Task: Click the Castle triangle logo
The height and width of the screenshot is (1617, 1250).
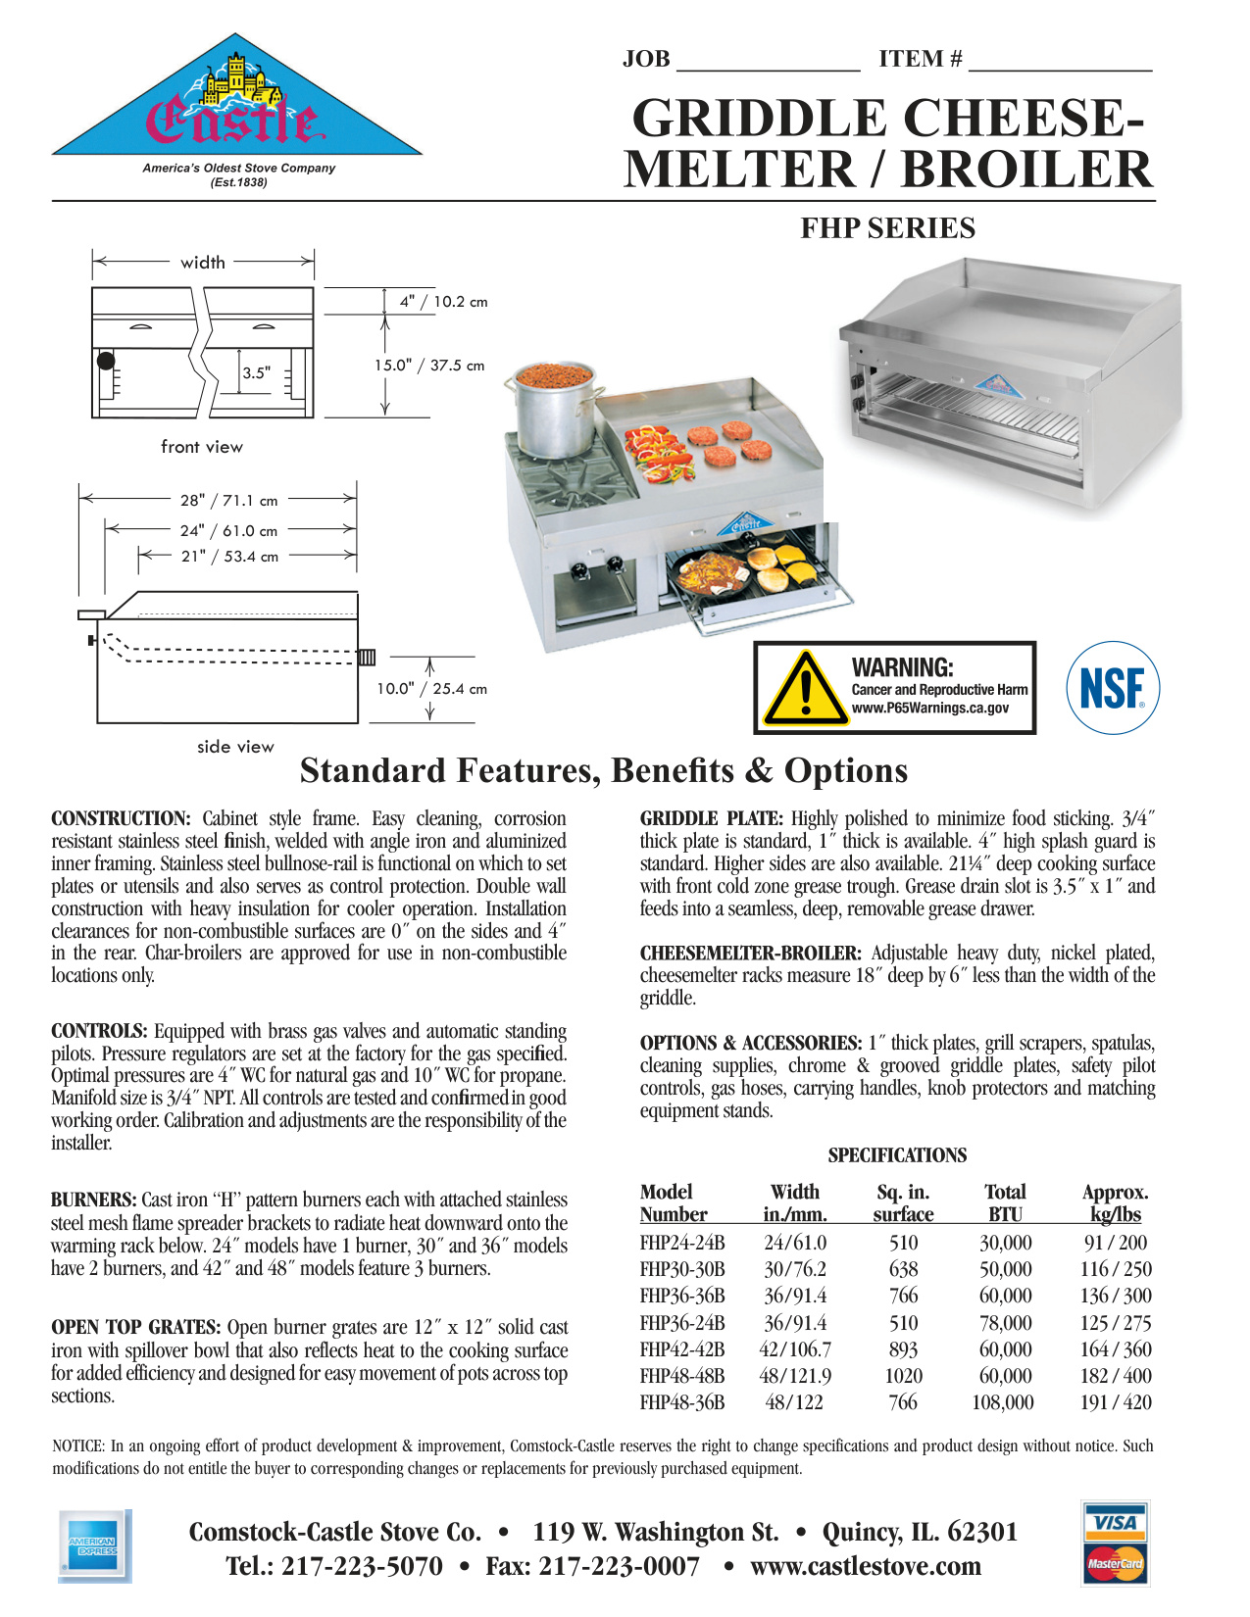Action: [x=236, y=108]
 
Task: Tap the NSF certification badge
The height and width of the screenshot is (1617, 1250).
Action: [x=1112, y=688]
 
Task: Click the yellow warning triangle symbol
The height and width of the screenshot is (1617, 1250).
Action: [x=805, y=688]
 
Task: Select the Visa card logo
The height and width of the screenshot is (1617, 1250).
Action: [x=1115, y=1522]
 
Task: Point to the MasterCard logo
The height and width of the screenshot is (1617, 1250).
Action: [x=1115, y=1563]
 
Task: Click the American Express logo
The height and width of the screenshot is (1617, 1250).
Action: [x=93, y=1546]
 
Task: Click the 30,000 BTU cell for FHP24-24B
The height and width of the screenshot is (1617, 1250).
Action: [x=1005, y=1243]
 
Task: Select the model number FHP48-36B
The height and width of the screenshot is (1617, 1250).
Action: [x=682, y=1402]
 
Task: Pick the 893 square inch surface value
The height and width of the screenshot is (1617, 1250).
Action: [x=903, y=1349]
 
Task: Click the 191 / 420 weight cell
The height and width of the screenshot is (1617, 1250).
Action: [x=1116, y=1402]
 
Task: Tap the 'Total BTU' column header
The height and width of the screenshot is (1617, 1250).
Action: [x=1005, y=1203]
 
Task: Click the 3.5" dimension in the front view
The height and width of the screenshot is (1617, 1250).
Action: [x=256, y=373]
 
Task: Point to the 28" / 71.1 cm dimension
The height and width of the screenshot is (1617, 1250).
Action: [x=228, y=501]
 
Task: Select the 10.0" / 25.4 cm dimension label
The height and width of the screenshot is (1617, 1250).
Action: [x=431, y=689]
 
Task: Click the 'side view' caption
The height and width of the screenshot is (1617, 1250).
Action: [x=235, y=747]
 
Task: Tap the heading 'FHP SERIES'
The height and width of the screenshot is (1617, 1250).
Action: [x=887, y=228]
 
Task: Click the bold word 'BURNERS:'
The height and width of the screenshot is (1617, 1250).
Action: [x=94, y=1200]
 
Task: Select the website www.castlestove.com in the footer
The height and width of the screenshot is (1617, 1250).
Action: [x=866, y=1566]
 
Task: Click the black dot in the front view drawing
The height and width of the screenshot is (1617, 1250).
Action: [x=105, y=361]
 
